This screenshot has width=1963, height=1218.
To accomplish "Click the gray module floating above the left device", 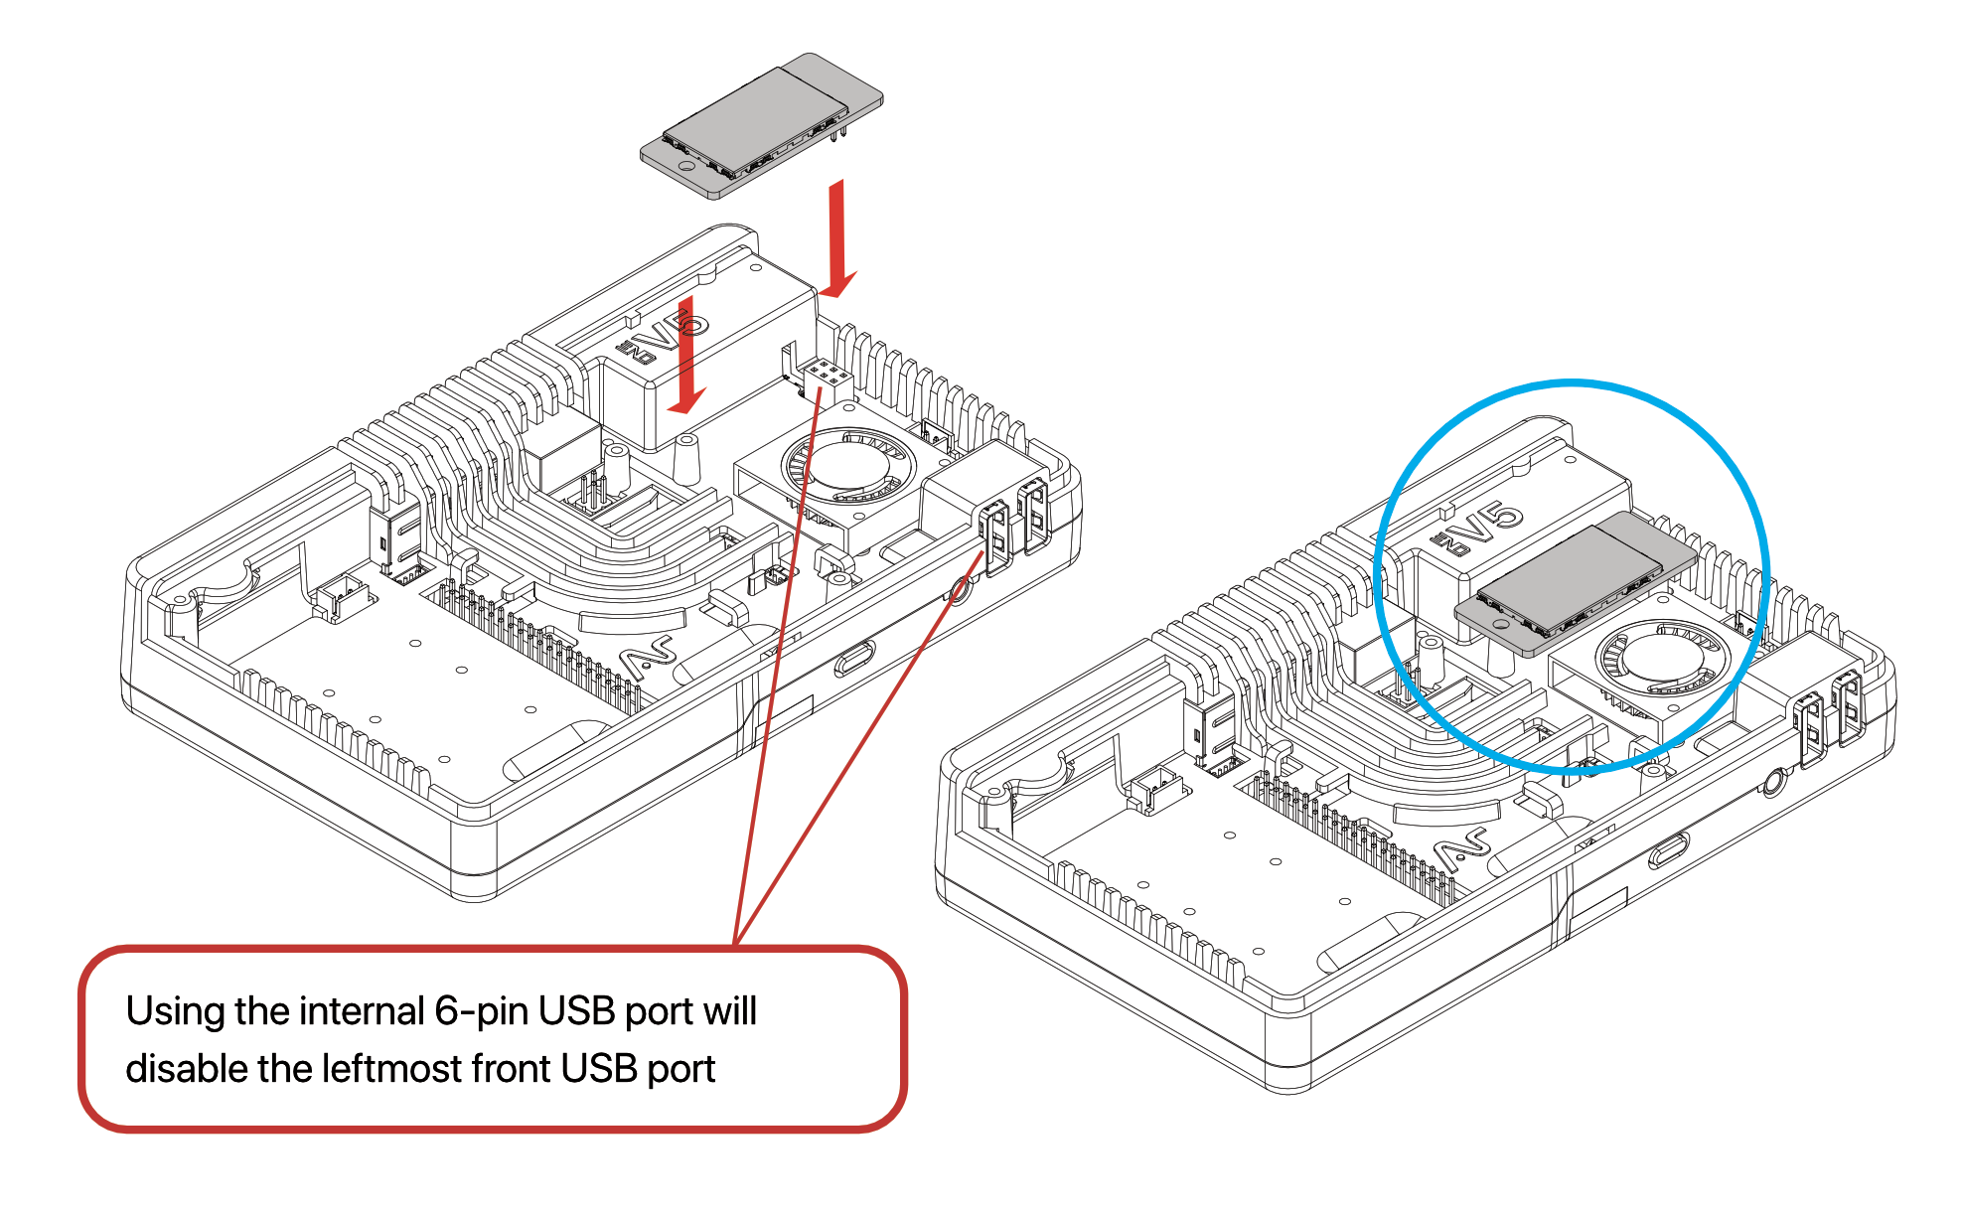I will pyautogui.click(x=761, y=124).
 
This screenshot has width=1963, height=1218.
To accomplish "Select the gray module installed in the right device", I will pyautogui.click(x=1575, y=581).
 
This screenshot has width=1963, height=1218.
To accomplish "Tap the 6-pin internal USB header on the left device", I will pyautogui.click(x=826, y=377).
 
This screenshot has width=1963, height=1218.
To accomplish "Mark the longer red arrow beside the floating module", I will pyautogui.click(x=837, y=238).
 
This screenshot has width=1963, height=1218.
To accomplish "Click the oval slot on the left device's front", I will pyautogui.click(x=853, y=658).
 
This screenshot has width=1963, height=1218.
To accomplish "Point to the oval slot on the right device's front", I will pyautogui.click(x=1668, y=850).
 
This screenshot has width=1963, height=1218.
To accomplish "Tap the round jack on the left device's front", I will pyautogui.click(x=960, y=592).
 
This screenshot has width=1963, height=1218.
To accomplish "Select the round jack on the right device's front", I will pyautogui.click(x=1772, y=784).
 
